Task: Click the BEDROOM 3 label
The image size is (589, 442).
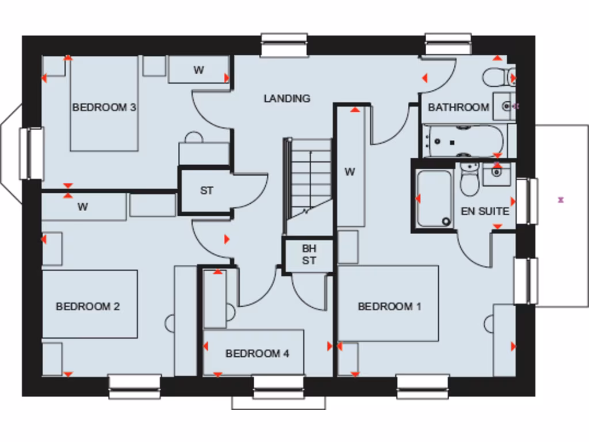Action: point(104,107)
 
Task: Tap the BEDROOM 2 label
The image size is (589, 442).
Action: point(87,306)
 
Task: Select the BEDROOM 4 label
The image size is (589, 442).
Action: point(257,353)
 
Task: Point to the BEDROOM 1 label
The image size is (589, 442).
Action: point(389,306)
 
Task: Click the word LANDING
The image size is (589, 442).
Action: point(287,98)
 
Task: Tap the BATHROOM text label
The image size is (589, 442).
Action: point(458,107)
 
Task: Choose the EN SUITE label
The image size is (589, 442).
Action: point(485,211)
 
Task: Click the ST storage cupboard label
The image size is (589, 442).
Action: point(206,190)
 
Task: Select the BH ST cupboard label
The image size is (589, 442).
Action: point(309,254)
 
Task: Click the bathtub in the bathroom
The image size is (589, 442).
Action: point(464,141)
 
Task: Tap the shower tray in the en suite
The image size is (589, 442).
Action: point(434,199)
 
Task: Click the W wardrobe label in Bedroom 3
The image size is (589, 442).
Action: point(198,70)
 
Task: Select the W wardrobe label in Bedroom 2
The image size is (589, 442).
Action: point(83,207)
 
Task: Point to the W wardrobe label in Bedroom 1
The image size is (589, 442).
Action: point(350,171)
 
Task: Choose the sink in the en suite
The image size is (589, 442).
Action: point(496,173)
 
